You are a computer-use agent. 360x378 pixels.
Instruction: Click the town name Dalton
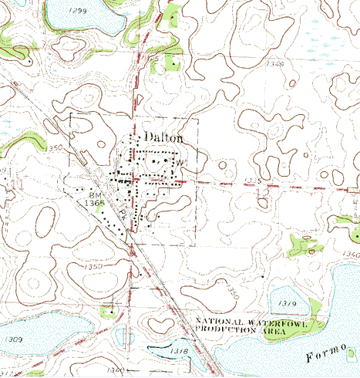tap(163, 137)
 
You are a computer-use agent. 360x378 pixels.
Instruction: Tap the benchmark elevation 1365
tap(96, 204)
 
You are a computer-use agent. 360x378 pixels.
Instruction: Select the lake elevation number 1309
tap(12, 339)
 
